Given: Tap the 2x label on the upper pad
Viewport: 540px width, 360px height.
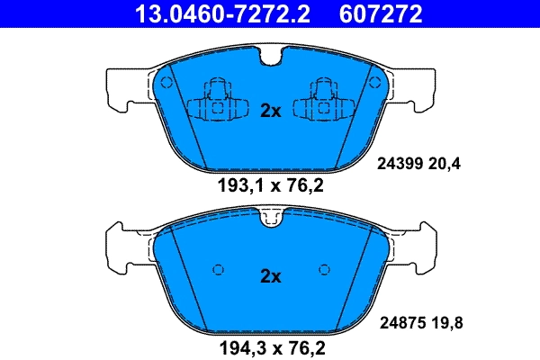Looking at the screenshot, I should (x=271, y=112).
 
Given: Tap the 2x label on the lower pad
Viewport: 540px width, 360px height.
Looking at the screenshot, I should (x=271, y=276).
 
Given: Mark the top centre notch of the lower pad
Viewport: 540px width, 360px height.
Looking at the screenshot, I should (x=271, y=216).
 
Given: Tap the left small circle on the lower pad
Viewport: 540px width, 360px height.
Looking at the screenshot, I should (x=217, y=268).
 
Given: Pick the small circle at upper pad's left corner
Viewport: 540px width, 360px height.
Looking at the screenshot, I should (x=166, y=81).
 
